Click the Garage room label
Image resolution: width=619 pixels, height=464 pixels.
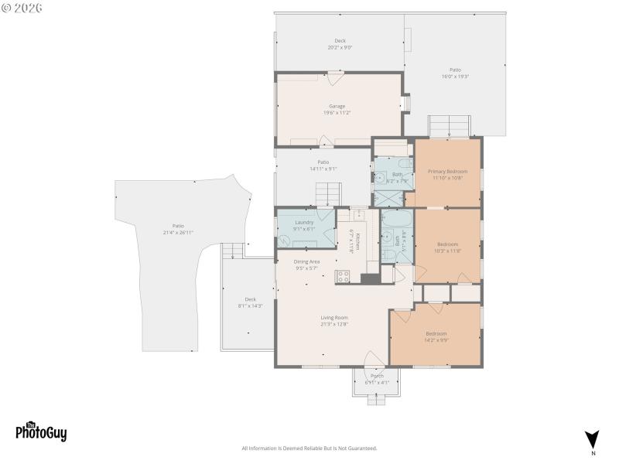click(x=337, y=106)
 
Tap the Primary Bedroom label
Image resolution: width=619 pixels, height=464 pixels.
click(x=447, y=171)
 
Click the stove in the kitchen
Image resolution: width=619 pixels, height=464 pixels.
click(x=343, y=276)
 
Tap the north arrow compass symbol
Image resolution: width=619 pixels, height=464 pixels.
click(x=593, y=438)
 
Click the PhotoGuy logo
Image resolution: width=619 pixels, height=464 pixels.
click(x=41, y=432)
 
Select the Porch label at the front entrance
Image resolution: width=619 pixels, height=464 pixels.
click(x=377, y=376)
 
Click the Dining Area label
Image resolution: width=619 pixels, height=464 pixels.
click(x=306, y=261)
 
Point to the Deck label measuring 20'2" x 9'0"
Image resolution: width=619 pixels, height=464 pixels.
click(x=340, y=41)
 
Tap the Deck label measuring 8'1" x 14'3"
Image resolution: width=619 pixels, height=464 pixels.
click(x=250, y=299)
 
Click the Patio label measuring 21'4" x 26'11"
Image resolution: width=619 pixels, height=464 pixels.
click(x=178, y=226)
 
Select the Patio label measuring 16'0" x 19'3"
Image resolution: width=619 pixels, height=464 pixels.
click(x=456, y=70)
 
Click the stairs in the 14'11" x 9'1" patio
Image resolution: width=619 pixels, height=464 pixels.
click(x=328, y=193)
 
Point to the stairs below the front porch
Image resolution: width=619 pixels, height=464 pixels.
click(x=377, y=399)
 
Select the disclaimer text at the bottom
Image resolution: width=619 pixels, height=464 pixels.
click(x=309, y=449)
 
